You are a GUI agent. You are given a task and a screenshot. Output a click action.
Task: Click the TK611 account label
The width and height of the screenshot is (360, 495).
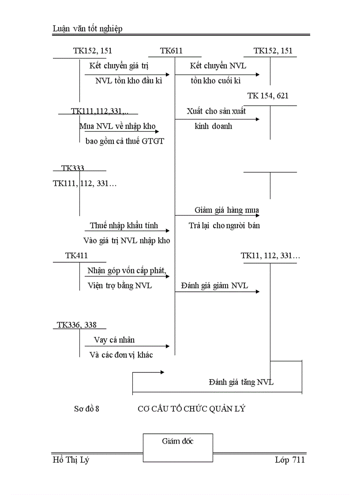point(172,51)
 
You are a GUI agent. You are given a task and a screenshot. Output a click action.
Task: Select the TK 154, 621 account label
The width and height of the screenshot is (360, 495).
point(268,96)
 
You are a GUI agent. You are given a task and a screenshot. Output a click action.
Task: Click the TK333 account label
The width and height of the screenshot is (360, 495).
point(73,168)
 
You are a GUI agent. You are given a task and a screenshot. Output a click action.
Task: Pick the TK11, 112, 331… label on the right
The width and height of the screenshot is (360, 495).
point(270,256)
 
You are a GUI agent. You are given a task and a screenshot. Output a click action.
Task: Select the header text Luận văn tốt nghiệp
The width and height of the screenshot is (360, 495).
point(87,29)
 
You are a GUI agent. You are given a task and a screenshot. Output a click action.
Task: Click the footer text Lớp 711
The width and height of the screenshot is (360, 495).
point(289,460)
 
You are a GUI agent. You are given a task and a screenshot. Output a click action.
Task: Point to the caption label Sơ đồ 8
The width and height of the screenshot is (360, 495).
point(86,409)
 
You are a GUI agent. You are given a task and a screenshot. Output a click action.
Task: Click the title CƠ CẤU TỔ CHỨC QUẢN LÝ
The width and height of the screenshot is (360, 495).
point(191,409)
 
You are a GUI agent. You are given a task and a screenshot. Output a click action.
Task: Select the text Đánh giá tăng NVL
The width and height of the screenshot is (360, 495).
point(241,382)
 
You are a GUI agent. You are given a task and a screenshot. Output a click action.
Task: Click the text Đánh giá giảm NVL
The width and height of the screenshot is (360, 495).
point(214,286)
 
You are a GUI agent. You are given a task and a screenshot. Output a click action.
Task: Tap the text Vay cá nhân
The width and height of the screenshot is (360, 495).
point(114,340)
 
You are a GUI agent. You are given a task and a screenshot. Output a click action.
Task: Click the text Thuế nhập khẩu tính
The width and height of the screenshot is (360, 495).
point(124,226)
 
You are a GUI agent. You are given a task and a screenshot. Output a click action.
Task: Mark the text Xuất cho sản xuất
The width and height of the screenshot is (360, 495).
point(216,111)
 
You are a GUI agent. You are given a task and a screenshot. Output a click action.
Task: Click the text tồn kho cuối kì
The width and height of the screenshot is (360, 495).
point(216,81)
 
